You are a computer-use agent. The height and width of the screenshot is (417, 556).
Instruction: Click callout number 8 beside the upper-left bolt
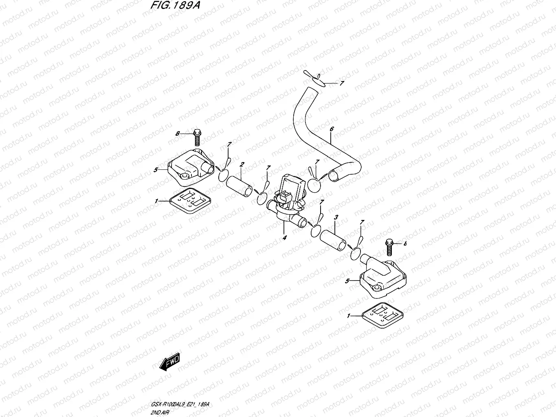pos(178,133)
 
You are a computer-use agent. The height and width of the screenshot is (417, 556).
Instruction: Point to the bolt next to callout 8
pos(197,137)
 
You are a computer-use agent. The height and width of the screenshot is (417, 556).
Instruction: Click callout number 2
pos(242,165)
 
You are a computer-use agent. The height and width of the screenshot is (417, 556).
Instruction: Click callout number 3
pos(335,218)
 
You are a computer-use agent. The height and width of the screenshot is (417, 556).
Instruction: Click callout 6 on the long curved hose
pos(332,129)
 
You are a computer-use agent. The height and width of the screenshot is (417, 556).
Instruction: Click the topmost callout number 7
pos(342,83)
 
